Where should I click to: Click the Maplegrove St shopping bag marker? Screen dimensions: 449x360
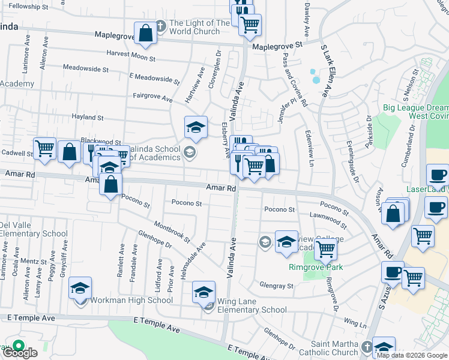click(x=146, y=34)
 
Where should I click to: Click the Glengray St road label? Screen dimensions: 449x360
click(x=276, y=286)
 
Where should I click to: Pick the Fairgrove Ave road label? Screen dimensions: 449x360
click(x=152, y=97)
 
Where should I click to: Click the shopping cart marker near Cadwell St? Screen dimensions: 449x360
click(x=45, y=149)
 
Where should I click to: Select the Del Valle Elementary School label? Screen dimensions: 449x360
click(x=34, y=230)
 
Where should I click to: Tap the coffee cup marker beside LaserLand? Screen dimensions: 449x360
click(x=437, y=175)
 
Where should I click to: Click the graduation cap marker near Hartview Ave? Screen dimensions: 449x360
click(x=196, y=128)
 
